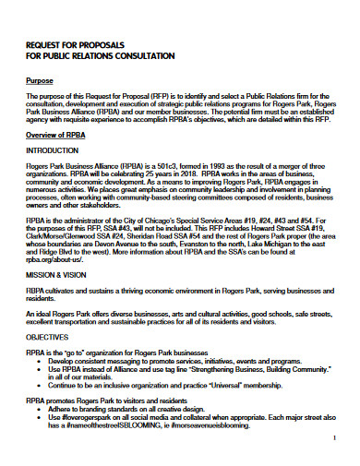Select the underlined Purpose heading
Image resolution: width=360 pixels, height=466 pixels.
pyautogui.click(x=41, y=81)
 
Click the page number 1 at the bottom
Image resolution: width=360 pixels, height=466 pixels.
pyautogui.click(x=331, y=440)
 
